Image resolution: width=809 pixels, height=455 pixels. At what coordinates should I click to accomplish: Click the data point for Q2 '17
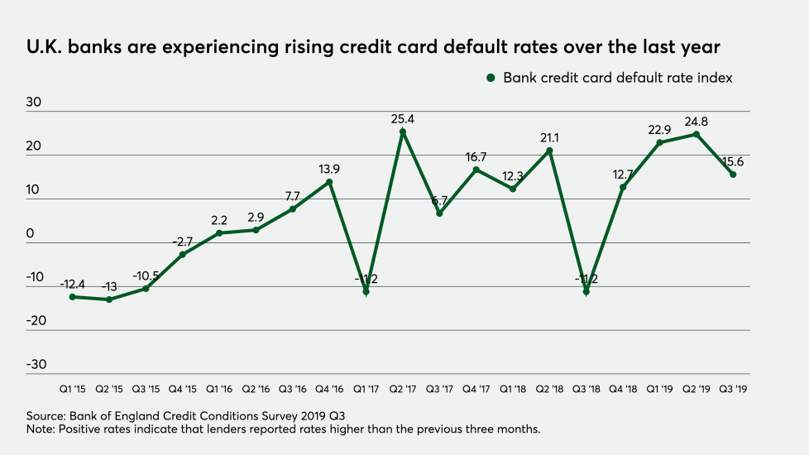click(x=403, y=132)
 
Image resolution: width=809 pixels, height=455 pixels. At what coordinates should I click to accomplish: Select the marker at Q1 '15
click(x=73, y=296)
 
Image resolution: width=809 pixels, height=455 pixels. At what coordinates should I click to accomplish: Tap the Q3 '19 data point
click(x=733, y=174)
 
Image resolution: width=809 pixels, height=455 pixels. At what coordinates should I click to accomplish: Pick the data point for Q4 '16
click(x=329, y=182)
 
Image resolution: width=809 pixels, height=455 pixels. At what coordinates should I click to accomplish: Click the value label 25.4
click(x=403, y=119)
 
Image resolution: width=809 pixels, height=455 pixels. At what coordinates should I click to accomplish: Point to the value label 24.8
click(x=696, y=122)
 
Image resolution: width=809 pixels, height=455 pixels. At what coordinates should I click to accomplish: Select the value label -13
click(x=110, y=287)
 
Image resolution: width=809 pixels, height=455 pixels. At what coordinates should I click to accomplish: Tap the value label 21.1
click(x=549, y=137)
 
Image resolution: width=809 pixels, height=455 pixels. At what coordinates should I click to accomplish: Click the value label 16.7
click(x=476, y=157)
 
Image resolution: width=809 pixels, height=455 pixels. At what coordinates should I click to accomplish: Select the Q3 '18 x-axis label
click(x=586, y=389)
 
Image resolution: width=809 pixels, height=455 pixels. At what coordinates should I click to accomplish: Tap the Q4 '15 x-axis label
click(x=183, y=389)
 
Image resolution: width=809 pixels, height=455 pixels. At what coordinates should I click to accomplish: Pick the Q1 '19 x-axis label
click(x=659, y=389)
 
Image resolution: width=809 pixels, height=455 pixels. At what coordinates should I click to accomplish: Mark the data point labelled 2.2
click(x=219, y=232)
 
